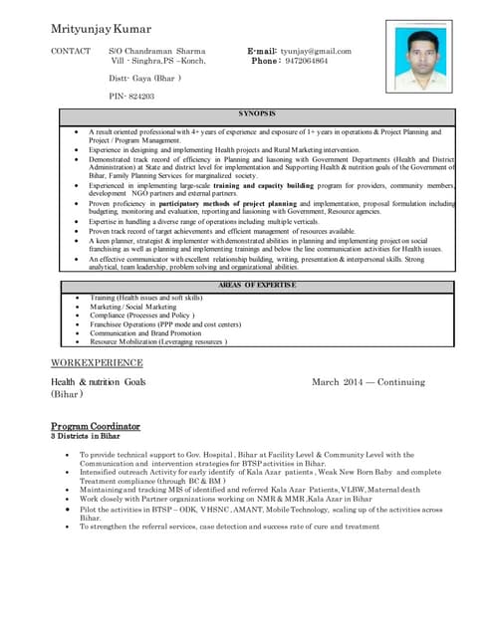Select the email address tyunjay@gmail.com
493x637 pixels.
point(318,50)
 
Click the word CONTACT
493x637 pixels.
point(71,50)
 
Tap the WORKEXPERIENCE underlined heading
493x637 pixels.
point(97,362)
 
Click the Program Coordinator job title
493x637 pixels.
point(95,426)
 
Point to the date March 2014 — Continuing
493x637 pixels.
point(368,381)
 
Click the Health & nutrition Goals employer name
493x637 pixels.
point(98,381)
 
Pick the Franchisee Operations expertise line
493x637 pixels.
point(165,323)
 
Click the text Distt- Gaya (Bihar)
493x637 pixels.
point(144,78)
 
